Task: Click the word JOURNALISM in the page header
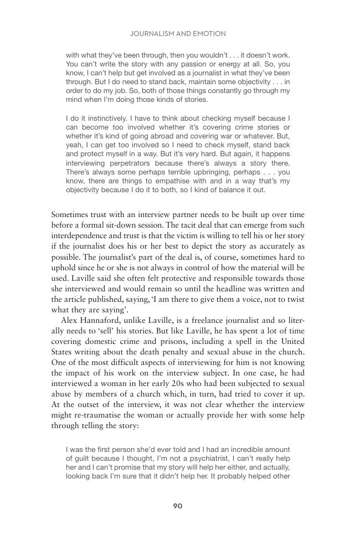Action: tap(151, 34)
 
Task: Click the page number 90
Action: tap(178, 506)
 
